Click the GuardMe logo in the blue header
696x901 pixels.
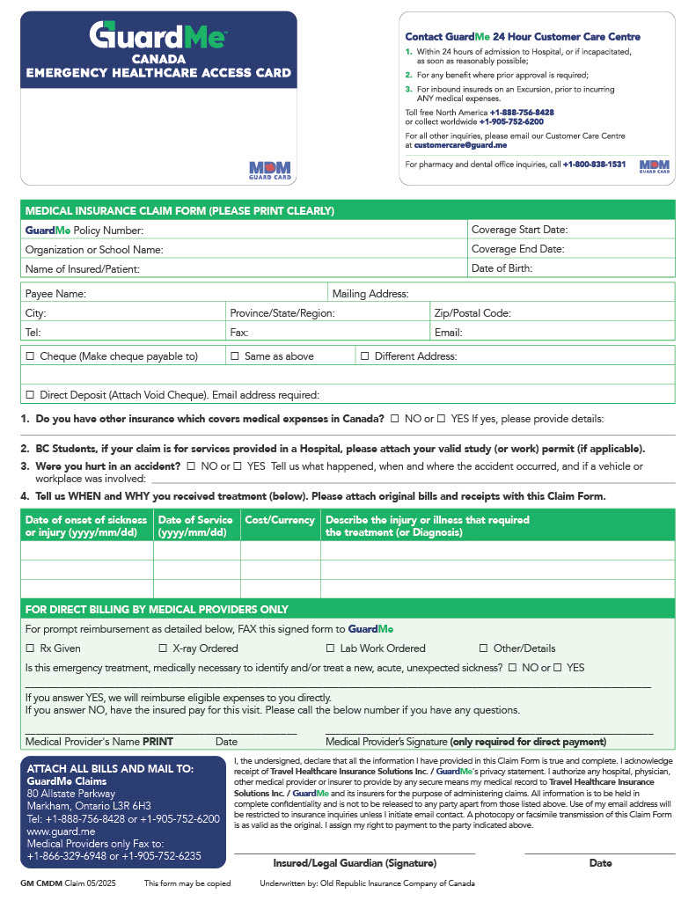click(x=158, y=36)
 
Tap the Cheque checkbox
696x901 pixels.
click(x=30, y=356)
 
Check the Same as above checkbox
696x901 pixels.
click(x=235, y=356)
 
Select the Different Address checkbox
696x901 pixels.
click(x=364, y=356)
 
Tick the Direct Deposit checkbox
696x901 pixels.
click(x=30, y=395)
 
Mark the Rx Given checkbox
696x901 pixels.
click(x=30, y=648)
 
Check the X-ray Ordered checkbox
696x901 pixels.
click(x=164, y=648)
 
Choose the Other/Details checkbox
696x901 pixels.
click(x=484, y=648)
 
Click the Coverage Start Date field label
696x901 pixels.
click(x=519, y=231)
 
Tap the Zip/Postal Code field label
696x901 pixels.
click(x=473, y=313)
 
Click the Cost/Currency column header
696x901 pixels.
click(x=280, y=520)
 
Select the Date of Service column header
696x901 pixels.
click(x=195, y=526)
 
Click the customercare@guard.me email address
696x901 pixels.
click(x=462, y=144)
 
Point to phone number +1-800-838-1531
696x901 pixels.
click(x=594, y=165)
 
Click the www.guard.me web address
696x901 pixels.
click(x=61, y=831)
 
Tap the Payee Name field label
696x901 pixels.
click(x=55, y=294)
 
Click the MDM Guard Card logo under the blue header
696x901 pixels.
click(x=269, y=169)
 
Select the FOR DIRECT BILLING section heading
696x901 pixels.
click(x=157, y=609)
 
